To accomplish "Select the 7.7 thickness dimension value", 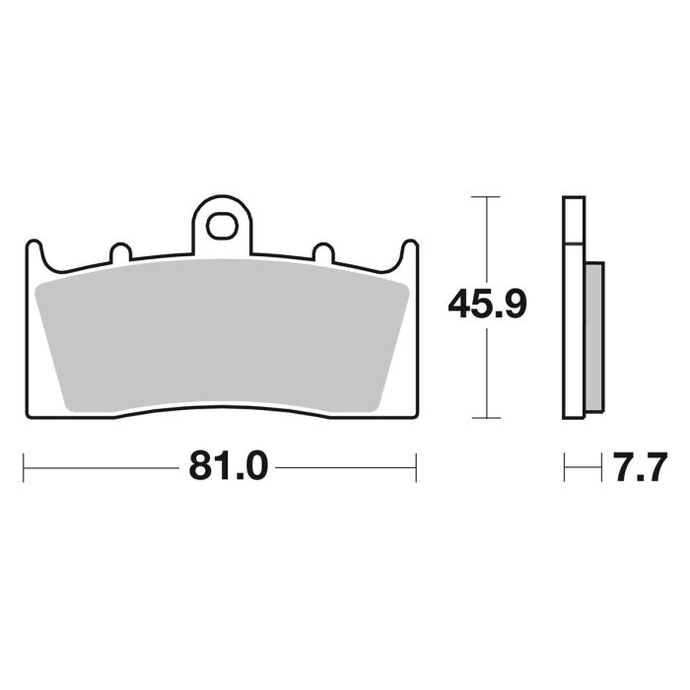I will pos(637,466).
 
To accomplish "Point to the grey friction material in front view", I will pos(222,335).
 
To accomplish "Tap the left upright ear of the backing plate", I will pos(34,253).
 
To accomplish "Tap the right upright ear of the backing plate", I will pos(408,253).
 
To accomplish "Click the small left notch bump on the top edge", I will pos(119,252).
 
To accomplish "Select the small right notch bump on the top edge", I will pos(322,252).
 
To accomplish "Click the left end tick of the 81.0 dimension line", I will pos(24,466).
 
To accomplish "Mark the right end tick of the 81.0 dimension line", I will pos(416,466).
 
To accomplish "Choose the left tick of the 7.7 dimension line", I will pos(564,466).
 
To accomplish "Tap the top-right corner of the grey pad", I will pos(406,285).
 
